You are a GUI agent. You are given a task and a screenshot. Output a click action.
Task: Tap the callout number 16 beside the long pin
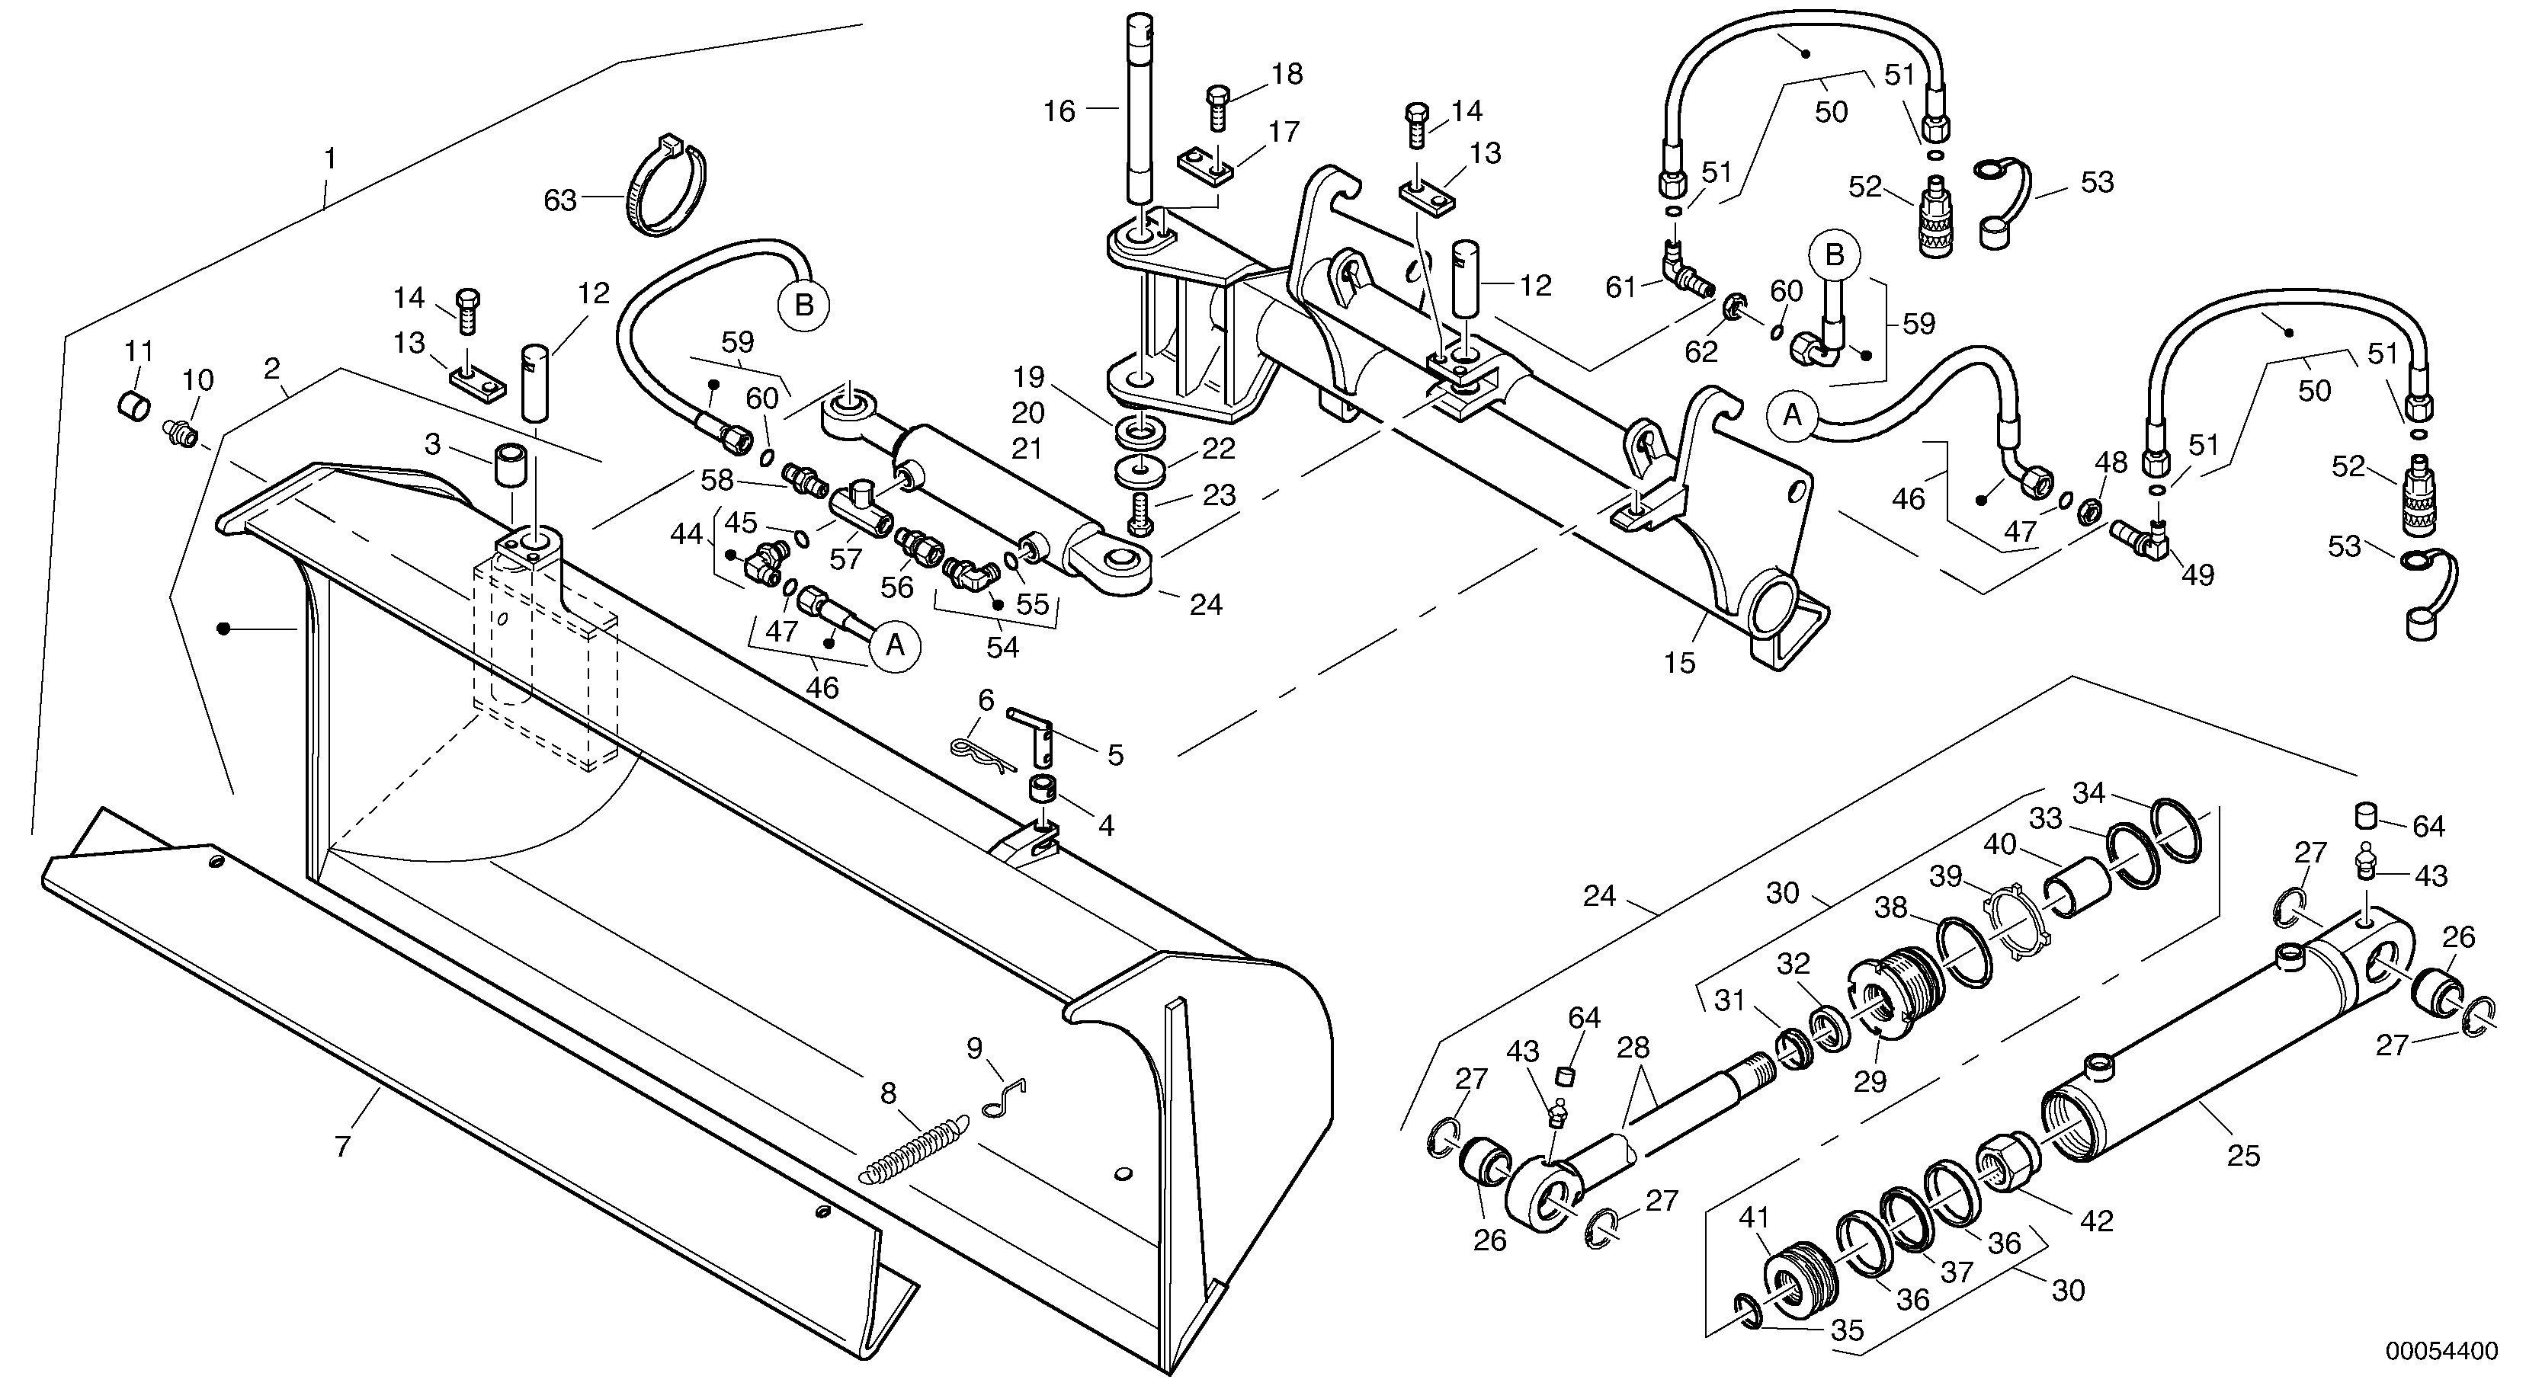(1059, 111)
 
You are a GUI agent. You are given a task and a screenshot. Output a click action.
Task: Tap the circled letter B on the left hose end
(804, 305)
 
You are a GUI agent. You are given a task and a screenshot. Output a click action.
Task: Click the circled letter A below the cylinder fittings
(895, 645)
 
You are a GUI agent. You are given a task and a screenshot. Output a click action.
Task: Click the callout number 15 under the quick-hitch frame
(1678, 663)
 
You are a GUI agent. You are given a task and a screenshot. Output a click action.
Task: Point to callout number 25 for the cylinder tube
(2243, 1155)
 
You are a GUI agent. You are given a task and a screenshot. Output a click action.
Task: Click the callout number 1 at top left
(331, 158)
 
